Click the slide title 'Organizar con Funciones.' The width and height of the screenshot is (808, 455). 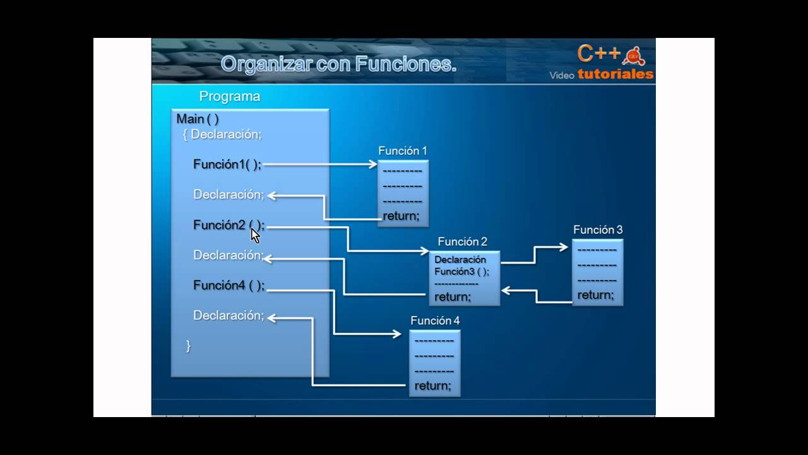pyautogui.click(x=338, y=64)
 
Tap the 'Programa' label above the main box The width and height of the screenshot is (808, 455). pyautogui.click(x=230, y=97)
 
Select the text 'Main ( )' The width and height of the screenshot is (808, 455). pyautogui.click(x=198, y=119)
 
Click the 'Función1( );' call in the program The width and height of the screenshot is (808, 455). pyautogui.click(x=227, y=164)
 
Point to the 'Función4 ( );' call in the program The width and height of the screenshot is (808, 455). pyautogui.click(x=229, y=286)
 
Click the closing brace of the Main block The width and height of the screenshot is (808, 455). pyautogui.click(x=188, y=346)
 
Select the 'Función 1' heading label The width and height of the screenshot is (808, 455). pyautogui.click(x=403, y=151)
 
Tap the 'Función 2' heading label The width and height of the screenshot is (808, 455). pyautogui.click(x=463, y=241)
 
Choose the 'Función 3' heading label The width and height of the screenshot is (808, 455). pyautogui.click(x=598, y=230)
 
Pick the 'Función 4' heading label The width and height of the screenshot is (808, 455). pyautogui.click(x=435, y=321)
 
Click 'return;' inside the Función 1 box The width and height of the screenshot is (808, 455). pyautogui.click(x=401, y=216)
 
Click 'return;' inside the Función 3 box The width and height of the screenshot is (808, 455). pyautogui.click(x=595, y=295)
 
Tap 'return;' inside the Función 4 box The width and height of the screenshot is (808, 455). pyautogui.click(x=433, y=386)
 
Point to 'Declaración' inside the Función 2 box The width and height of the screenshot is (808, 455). pyautogui.click(x=460, y=260)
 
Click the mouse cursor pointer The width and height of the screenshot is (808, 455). pyautogui.click(x=255, y=235)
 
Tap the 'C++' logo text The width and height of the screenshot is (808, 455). pyautogui.click(x=599, y=54)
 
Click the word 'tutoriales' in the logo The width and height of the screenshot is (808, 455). pyautogui.click(x=615, y=75)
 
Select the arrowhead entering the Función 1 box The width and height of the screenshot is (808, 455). pyautogui.click(x=373, y=164)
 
